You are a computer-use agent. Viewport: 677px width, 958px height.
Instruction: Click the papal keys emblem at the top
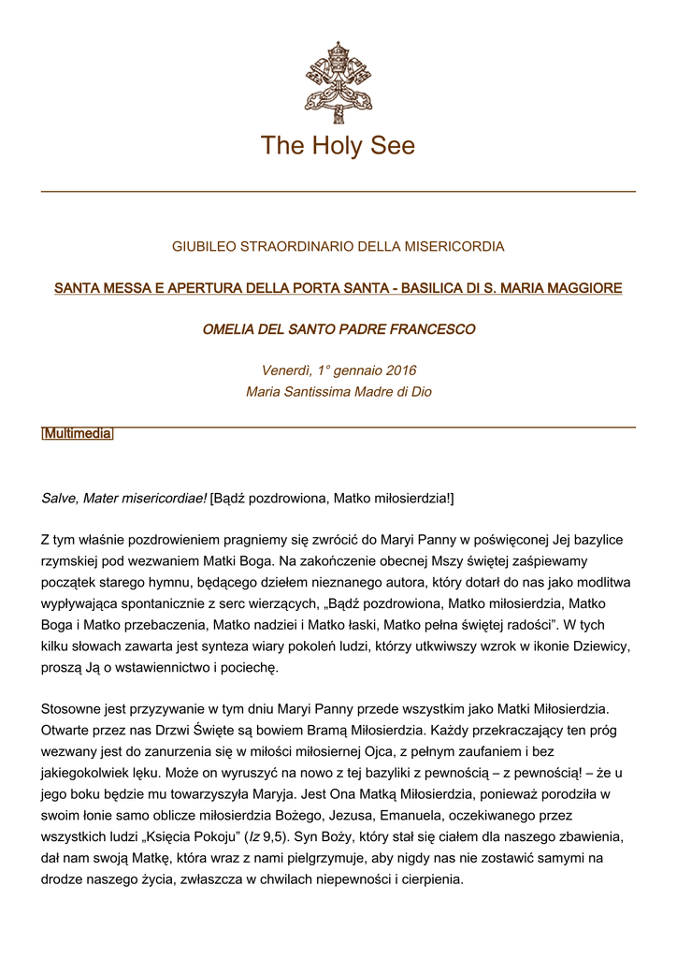338,76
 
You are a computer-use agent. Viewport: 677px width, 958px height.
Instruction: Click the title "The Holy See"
338,146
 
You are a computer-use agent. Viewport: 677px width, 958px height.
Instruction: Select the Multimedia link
78,434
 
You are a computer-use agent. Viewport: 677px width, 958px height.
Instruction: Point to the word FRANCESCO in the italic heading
438,329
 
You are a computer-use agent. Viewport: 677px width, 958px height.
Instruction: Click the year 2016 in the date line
397,370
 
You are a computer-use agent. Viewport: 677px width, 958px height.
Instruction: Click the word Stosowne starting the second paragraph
71,710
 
